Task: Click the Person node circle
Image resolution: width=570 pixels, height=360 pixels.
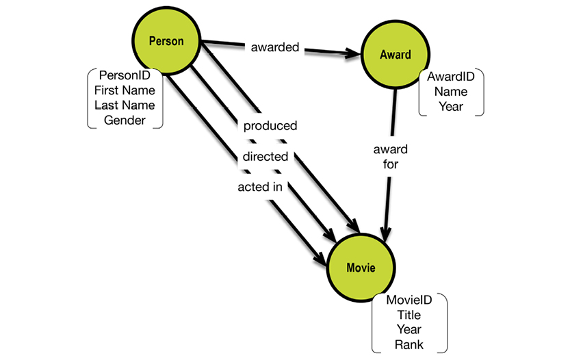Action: [166, 42]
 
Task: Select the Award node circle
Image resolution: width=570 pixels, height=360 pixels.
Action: [394, 55]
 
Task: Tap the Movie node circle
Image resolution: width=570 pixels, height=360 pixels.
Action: [360, 267]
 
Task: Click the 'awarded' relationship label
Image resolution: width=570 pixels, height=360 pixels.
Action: [274, 48]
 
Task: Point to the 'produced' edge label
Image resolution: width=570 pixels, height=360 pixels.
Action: [270, 126]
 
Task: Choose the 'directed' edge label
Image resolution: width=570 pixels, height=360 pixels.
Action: [265, 157]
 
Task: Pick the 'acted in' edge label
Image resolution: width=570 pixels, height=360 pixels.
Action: [261, 187]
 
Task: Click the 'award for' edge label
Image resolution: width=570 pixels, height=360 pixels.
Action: [391, 157]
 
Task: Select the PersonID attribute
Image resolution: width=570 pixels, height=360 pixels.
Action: [125, 75]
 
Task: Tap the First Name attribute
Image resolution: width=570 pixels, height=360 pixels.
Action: [125, 90]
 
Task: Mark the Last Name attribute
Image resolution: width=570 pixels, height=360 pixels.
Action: [125, 105]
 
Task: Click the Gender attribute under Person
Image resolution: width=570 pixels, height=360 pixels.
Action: [125, 120]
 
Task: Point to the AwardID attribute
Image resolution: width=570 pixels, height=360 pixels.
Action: [451, 77]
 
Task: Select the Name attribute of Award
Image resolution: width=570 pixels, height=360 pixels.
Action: [451, 92]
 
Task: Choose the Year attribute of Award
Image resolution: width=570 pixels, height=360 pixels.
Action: [451, 107]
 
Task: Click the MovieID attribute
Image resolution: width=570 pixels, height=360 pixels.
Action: [409, 301]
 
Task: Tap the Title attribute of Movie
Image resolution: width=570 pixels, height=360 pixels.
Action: [409, 316]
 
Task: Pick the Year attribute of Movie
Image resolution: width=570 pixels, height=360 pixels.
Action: [409, 330]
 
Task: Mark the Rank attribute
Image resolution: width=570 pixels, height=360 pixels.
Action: [409, 345]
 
